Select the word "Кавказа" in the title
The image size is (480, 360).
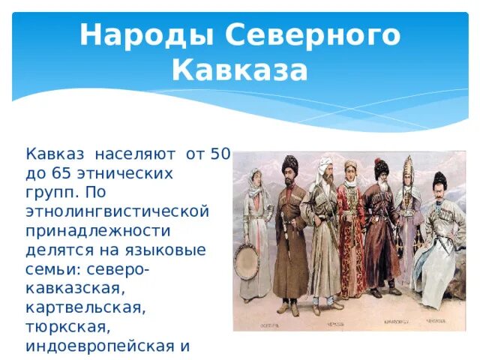click(239, 70)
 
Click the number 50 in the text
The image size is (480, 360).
click(219, 154)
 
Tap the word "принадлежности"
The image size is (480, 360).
click(97, 229)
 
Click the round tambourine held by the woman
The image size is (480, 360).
click(247, 259)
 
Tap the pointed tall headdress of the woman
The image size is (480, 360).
click(409, 168)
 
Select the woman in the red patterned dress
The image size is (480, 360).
click(350, 225)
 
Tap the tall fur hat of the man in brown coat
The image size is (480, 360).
click(290, 164)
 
